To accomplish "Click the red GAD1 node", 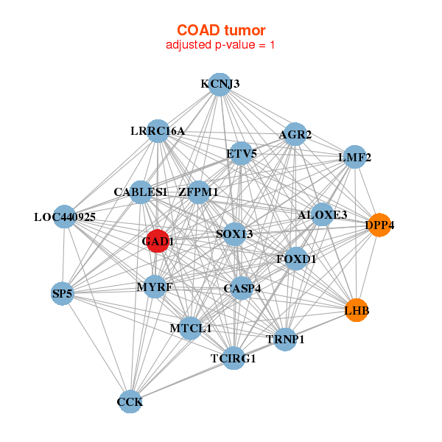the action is [x=158, y=241].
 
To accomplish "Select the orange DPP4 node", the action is [x=379, y=225].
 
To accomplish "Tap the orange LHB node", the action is [x=357, y=310].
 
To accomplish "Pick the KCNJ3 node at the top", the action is [x=220, y=84].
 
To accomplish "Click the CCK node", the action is [x=130, y=401].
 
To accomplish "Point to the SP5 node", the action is [x=63, y=293].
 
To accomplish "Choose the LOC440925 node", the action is [x=65, y=217].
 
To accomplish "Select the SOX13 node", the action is [x=234, y=234].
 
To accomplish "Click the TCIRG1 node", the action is [x=234, y=358].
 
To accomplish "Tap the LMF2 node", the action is [x=355, y=157].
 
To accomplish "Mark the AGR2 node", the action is [x=295, y=134].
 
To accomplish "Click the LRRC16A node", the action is [x=158, y=131].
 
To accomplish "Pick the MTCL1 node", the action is [x=191, y=328].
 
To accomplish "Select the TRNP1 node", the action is [x=285, y=339].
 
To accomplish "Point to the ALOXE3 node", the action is [x=322, y=214].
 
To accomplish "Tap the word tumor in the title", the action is [x=245, y=30].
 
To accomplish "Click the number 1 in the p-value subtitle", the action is [x=272, y=45].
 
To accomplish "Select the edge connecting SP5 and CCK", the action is [x=97, y=348].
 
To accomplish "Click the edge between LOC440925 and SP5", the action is [x=63, y=255].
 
